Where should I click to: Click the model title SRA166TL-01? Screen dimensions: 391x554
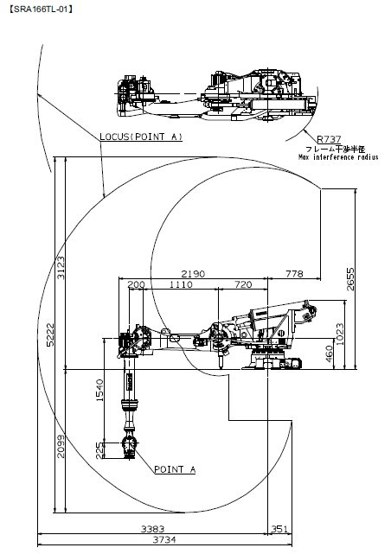click(x=41, y=10)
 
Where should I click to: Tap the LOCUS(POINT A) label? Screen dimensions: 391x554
click(x=141, y=137)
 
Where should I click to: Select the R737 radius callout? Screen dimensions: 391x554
click(x=329, y=139)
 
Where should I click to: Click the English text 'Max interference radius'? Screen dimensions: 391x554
click(x=338, y=157)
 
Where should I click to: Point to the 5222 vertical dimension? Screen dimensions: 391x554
click(x=50, y=334)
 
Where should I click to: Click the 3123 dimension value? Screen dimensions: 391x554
click(x=61, y=267)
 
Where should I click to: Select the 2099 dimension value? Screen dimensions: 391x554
click(x=61, y=446)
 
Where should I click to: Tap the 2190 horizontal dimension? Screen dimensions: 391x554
click(x=193, y=274)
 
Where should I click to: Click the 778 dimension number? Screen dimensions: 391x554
click(x=294, y=274)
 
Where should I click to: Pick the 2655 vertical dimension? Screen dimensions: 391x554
click(x=350, y=279)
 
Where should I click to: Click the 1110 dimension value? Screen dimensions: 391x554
click(x=181, y=284)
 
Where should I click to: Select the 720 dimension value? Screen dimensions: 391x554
click(x=243, y=284)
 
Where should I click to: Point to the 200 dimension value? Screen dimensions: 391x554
click(x=136, y=284)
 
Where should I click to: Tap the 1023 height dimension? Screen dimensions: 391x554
click(x=339, y=334)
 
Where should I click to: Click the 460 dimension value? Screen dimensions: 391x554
click(x=329, y=353)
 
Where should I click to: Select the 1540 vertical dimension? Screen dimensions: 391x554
click(x=99, y=390)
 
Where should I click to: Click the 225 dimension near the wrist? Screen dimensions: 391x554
click(x=100, y=450)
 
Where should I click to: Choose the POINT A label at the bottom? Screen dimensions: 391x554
click(x=175, y=469)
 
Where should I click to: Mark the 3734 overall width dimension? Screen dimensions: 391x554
click(x=164, y=540)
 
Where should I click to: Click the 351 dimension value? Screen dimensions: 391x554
click(x=279, y=529)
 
